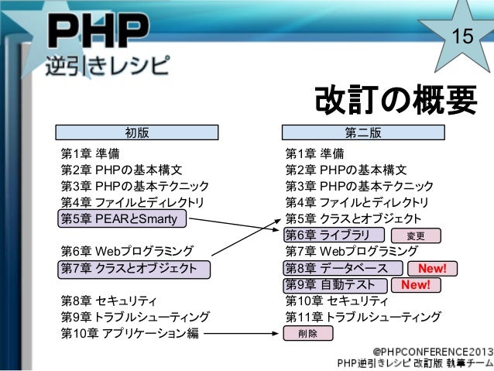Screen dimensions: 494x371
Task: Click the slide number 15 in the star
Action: tap(462, 36)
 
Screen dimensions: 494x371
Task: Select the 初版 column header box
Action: tap(136, 133)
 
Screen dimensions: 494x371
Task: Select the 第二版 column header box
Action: tap(362, 133)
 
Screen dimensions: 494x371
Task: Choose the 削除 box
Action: tap(308, 333)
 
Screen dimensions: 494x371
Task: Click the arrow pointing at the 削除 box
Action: tap(240, 334)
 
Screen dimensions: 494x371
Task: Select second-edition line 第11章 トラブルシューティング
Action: tap(363, 317)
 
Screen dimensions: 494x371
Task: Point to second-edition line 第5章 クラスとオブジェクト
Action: tap(353, 218)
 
